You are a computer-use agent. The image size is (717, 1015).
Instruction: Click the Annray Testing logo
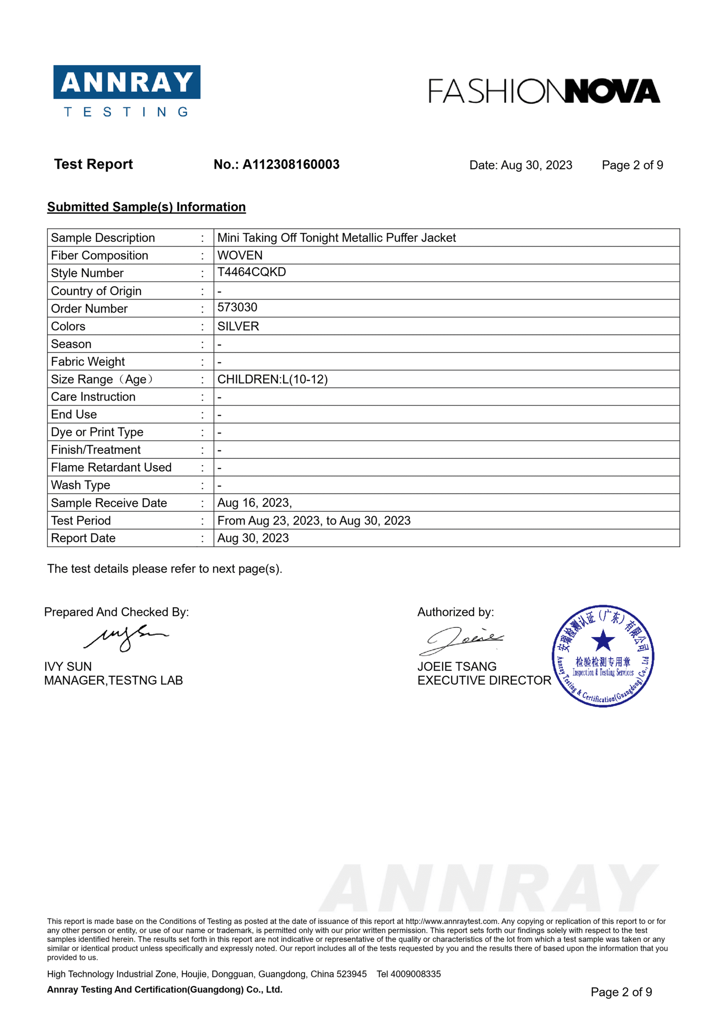tap(126, 91)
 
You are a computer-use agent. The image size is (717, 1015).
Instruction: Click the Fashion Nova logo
tap(544, 91)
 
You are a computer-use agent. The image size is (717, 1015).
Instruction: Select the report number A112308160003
tap(290, 164)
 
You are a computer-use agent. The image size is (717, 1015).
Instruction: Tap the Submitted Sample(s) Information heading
tap(146, 207)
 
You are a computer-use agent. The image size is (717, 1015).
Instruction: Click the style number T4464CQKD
tap(251, 272)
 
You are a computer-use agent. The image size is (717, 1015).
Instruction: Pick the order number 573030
tap(237, 307)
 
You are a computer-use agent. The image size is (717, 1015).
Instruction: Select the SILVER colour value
tap(238, 326)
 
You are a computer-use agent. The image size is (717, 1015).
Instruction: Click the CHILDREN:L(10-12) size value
tap(272, 379)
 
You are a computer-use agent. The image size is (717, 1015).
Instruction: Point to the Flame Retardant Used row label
tap(111, 467)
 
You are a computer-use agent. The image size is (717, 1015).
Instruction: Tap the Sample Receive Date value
tap(254, 503)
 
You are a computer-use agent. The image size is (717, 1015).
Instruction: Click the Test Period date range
tap(314, 520)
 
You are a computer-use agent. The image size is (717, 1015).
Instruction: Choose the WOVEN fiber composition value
tap(240, 255)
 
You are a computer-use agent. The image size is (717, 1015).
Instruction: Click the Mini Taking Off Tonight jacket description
tap(336, 238)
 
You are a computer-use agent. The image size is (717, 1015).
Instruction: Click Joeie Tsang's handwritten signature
tap(460, 640)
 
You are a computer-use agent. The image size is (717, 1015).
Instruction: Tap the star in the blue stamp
tap(603, 640)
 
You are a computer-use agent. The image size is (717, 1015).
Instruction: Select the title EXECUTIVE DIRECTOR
tap(484, 680)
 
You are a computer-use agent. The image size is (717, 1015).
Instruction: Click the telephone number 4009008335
tap(415, 974)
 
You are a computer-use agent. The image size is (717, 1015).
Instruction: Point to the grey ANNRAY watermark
tap(488, 889)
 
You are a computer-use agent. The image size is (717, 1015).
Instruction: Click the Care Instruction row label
tap(93, 396)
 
